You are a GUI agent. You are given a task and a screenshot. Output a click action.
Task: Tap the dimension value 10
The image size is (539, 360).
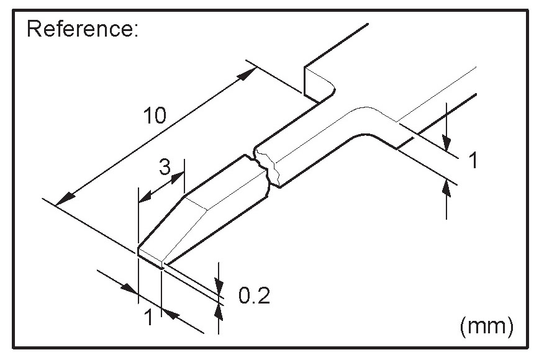pyautogui.click(x=154, y=115)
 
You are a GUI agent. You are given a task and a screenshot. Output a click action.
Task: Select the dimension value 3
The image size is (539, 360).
pyautogui.click(x=165, y=167)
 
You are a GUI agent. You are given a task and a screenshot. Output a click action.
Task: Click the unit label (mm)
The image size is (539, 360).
pyautogui.click(x=487, y=325)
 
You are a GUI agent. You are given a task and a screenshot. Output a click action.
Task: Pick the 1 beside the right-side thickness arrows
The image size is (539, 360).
pyautogui.click(x=473, y=161)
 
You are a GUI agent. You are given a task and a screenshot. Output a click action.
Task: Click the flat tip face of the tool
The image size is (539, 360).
pyautogui.click(x=150, y=259)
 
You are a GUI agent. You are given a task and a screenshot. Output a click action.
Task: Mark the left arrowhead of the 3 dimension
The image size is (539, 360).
pyautogui.click(x=143, y=198)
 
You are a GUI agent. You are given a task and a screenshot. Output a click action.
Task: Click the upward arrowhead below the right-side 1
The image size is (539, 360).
pyautogui.click(x=447, y=189)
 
